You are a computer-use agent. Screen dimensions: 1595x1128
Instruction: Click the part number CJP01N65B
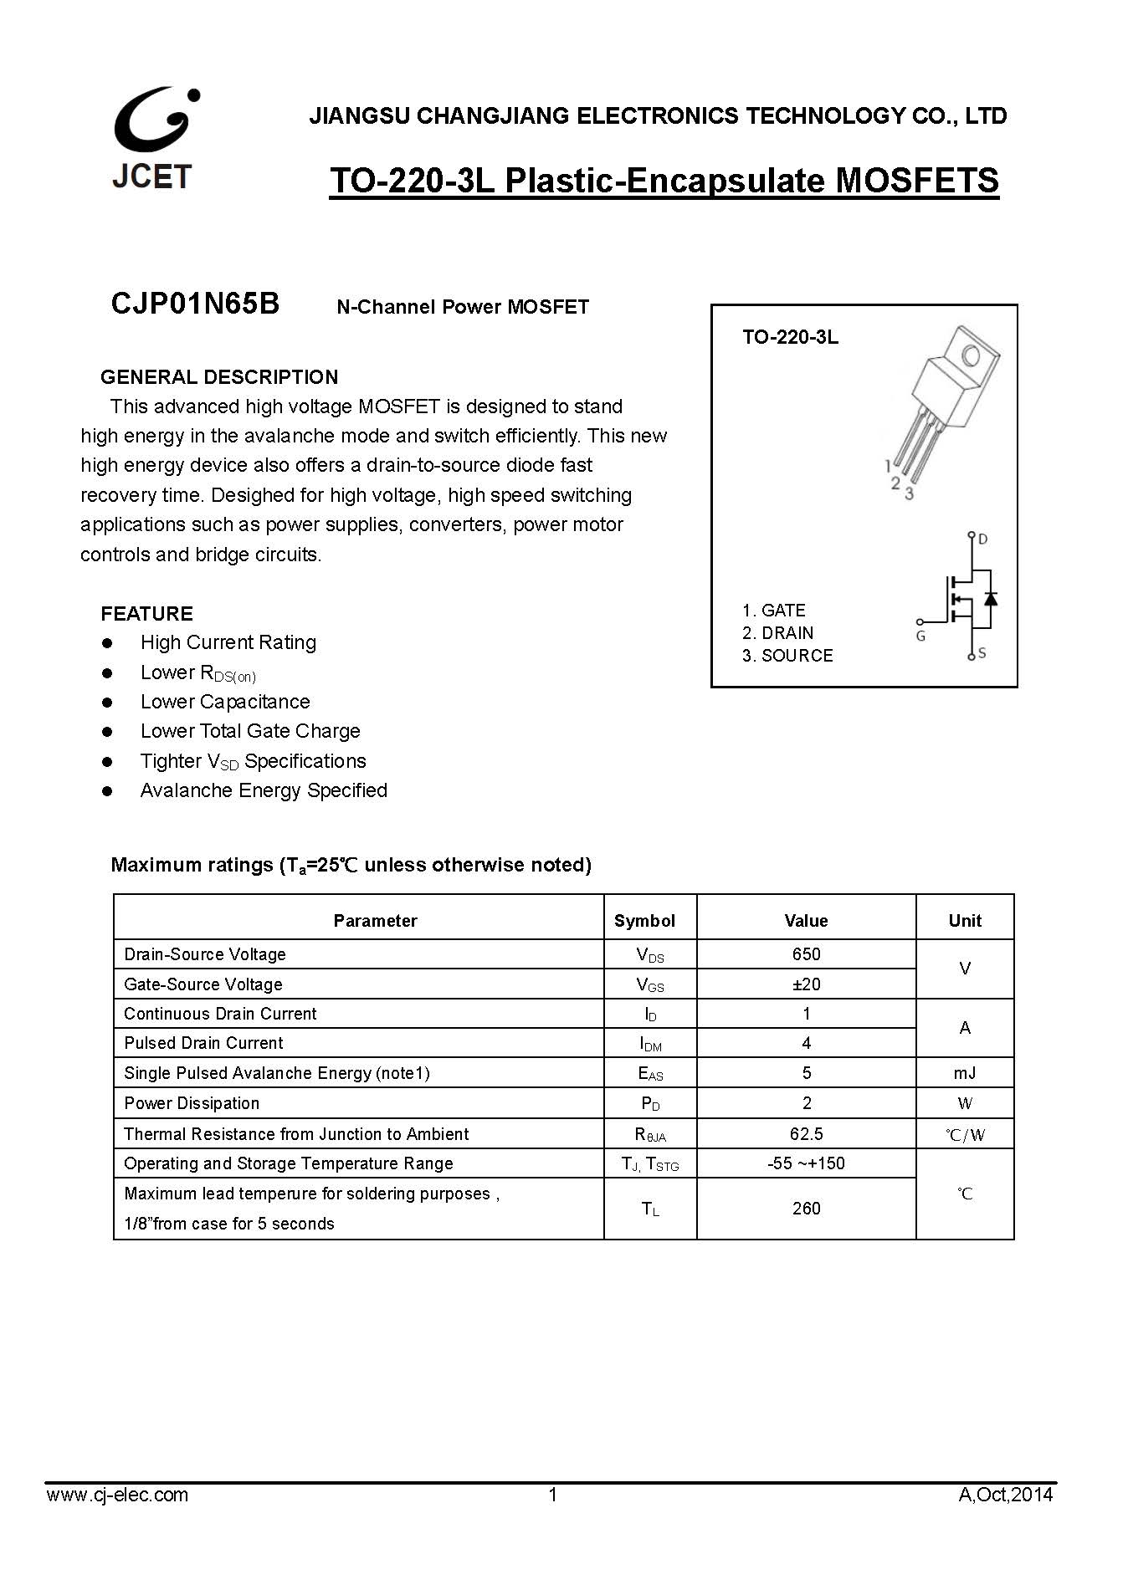click(x=195, y=304)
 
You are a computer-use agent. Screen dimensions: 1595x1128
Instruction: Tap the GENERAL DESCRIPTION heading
click(x=219, y=376)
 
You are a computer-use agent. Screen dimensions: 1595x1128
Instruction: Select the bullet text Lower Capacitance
click(x=225, y=702)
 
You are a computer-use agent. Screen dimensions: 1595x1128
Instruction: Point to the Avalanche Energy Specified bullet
click(x=264, y=790)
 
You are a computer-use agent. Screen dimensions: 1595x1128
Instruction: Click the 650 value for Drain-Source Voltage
click(x=806, y=954)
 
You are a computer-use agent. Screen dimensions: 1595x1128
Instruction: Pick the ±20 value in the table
click(x=806, y=984)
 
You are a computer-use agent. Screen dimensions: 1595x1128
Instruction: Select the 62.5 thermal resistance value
click(x=806, y=1134)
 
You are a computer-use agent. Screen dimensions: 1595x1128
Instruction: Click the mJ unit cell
click(x=964, y=1073)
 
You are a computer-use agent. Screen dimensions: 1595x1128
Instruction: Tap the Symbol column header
click(x=643, y=921)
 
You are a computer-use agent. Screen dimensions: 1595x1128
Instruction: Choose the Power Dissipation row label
click(x=192, y=1103)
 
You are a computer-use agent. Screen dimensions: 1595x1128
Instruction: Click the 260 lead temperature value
click(x=806, y=1209)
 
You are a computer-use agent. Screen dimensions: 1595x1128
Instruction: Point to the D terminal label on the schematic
click(x=983, y=539)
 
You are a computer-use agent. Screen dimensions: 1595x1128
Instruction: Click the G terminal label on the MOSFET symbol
click(x=920, y=636)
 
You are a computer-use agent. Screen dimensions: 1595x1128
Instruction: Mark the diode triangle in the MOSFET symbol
click(x=991, y=598)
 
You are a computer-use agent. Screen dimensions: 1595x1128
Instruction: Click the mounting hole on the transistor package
click(x=971, y=356)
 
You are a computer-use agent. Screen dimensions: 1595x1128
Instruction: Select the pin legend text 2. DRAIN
click(x=777, y=633)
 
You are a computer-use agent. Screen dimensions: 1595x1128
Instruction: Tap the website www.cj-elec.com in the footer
click(x=117, y=1495)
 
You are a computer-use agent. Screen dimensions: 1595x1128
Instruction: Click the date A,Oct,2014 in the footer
click(x=1005, y=1495)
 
